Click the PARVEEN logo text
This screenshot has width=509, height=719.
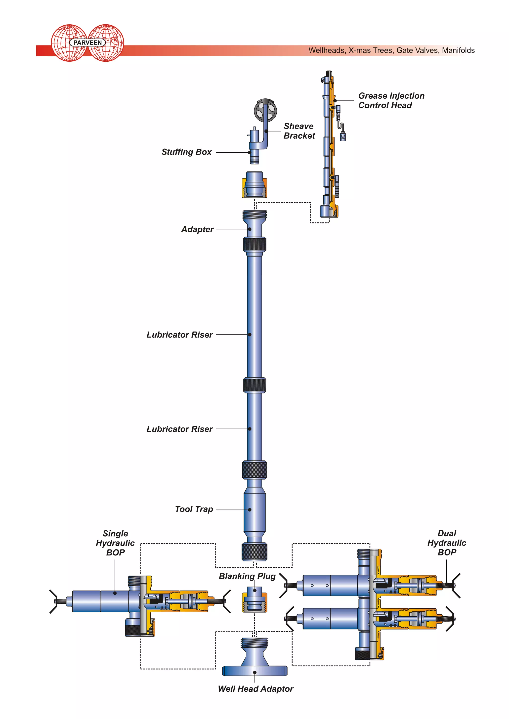pos(87,43)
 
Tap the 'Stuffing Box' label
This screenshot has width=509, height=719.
pos(186,152)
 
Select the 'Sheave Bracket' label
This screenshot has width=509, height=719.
pos(299,131)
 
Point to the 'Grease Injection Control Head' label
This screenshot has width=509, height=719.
pos(391,101)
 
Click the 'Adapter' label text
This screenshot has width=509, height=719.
pos(197,229)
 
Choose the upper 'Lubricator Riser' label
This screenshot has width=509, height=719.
pos(180,335)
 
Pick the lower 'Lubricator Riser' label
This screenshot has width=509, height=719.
pos(180,429)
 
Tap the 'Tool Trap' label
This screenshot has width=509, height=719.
pos(194,509)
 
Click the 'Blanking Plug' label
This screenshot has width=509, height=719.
pos(247,576)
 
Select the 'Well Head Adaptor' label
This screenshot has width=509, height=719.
pos(255,689)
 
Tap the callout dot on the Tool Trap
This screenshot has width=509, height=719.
pos(250,510)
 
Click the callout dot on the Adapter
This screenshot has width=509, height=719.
pos(250,229)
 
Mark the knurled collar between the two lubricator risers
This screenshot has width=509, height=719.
pos(254,385)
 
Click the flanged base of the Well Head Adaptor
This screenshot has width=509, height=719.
pos(254,671)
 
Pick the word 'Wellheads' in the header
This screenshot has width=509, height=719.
pos(327,50)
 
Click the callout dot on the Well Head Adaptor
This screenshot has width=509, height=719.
pos(255,672)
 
